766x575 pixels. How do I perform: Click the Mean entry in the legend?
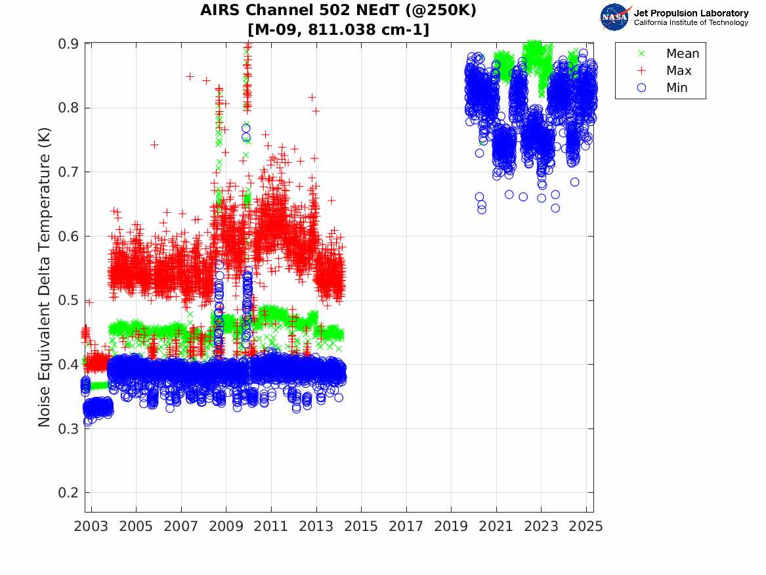click(682, 54)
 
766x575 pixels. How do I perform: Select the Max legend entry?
click(678, 71)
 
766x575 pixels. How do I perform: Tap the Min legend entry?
click(677, 88)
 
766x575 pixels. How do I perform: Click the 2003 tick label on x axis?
click(91, 526)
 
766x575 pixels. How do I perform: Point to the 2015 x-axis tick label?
click(361, 526)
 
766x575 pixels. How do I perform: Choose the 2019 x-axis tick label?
click(451, 526)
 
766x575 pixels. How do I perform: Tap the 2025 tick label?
click(586, 526)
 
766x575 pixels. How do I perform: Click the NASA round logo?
click(614, 17)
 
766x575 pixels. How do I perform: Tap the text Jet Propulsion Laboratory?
click(691, 12)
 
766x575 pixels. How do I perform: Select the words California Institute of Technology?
click(691, 23)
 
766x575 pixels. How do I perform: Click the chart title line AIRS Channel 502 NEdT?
click(338, 11)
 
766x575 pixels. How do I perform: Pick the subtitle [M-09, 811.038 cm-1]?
click(338, 30)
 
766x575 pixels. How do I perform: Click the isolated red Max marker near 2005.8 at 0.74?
click(154, 145)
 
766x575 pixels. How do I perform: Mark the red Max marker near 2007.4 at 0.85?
click(190, 76)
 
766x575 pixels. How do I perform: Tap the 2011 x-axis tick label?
click(271, 526)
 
